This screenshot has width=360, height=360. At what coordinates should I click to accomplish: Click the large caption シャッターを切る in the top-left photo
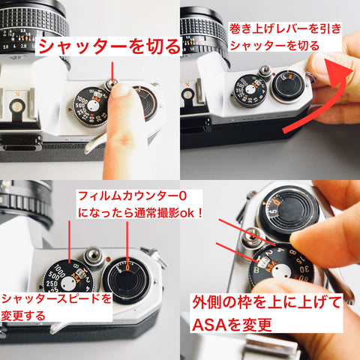point(109,46)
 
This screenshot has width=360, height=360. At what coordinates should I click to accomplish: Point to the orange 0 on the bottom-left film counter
point(128,264)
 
